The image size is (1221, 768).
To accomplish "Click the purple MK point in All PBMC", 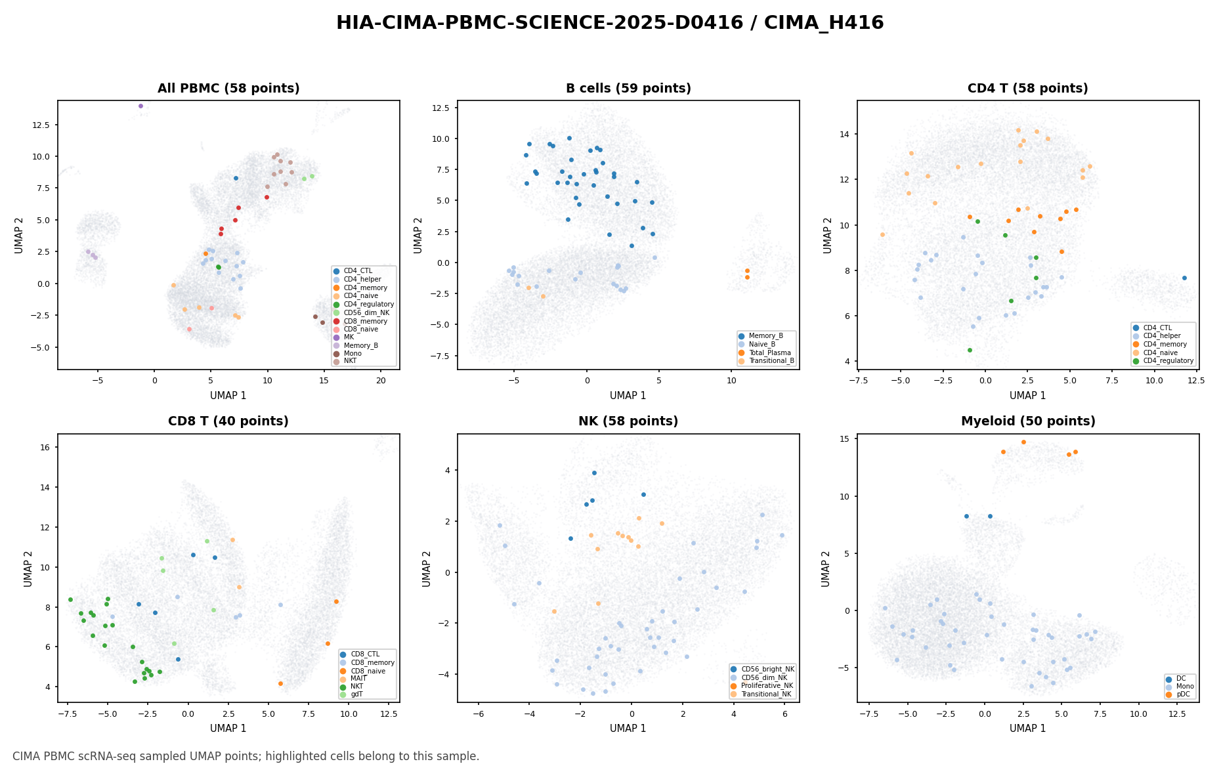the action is pyautogui.click(x=140, y=106).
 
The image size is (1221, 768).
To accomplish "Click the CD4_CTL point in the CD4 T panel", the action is pyautogui.click(x=1184, y=278).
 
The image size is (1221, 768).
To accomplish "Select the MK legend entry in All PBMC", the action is pyautogui.click(x=349, y=337).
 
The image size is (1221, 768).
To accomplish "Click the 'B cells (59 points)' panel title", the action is pyautogui.click(x=628, y=89).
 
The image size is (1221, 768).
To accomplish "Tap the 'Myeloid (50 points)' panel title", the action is pyautogui.click(x=1028, y=421).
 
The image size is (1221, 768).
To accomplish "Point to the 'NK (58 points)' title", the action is pyautogui.click(x=628, y=421).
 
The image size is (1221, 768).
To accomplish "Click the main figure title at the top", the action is pyautogui.click(x=610, y=23).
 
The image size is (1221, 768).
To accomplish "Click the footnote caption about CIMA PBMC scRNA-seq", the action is pyautogui.click(x=246, y=756).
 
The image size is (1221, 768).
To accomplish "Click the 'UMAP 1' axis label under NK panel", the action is pyautogui.click(x=628, y=729).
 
